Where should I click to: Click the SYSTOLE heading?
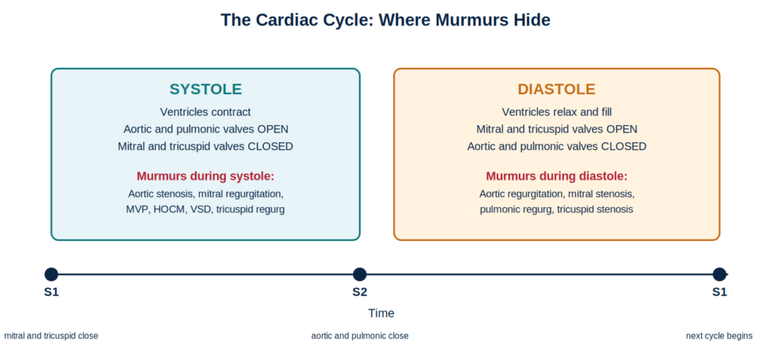click(206, 89)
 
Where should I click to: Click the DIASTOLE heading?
click(556, 89)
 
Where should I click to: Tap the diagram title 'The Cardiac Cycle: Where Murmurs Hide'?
click(385, 20)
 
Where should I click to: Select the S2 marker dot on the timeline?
click(360, 274)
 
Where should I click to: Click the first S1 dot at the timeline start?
click(51, 274)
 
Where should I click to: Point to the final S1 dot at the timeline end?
click(719, 274)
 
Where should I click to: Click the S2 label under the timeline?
click(360, 292)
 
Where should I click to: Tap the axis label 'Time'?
click(381, 313)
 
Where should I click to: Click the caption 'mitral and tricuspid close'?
click(51, 336)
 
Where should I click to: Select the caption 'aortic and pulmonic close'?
click(360, 336)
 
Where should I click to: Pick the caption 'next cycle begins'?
click(719, 336)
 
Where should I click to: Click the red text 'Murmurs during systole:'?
click(206, 176)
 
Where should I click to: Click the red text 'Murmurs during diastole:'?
click(556, 176)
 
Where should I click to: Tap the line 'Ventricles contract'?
click(206, 112)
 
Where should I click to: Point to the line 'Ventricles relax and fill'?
click(556, 112)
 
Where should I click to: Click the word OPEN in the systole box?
click(273, 130)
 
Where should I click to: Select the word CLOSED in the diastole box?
click(626, 147)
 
